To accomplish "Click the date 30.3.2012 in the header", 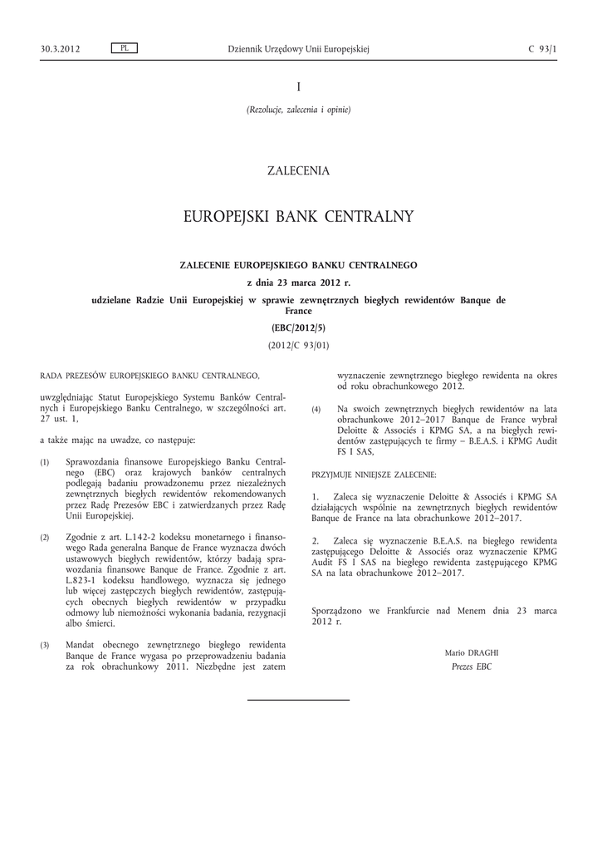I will [x=60, y=49].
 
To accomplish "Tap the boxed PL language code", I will [x=124, y=48].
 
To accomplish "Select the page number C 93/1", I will [x=542, y=49].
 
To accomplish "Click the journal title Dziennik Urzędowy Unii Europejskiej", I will [x=298, y=49].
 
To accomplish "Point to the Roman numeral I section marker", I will [x=299, y=87].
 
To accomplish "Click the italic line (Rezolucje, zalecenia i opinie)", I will [x=299, y=110].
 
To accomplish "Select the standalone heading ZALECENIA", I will [x=299, y=171].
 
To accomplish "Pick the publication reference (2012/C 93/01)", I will [x=299, y=344].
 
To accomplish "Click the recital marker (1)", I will [x=45, y=461].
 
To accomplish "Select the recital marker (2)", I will [x=45, y=539].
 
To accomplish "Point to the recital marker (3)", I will [x=45, y=645].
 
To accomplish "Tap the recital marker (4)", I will [x=316, y=411].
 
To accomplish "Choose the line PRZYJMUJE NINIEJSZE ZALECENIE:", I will [x=374, y=473].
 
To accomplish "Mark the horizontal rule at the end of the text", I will [x=299, y=701].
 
